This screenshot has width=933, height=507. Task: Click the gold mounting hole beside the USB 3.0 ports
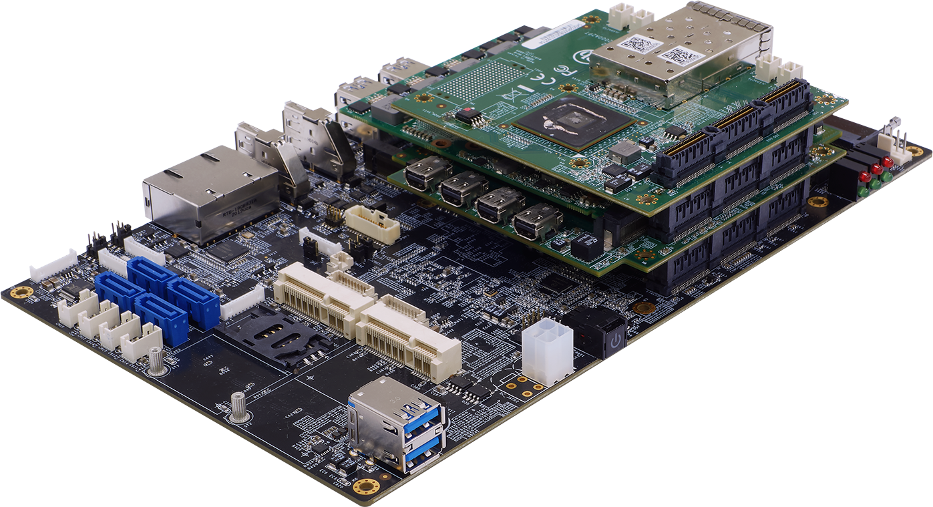[365, 486]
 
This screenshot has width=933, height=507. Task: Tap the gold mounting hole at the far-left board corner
[22, 292]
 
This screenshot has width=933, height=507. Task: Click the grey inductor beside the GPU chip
[624, 152]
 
